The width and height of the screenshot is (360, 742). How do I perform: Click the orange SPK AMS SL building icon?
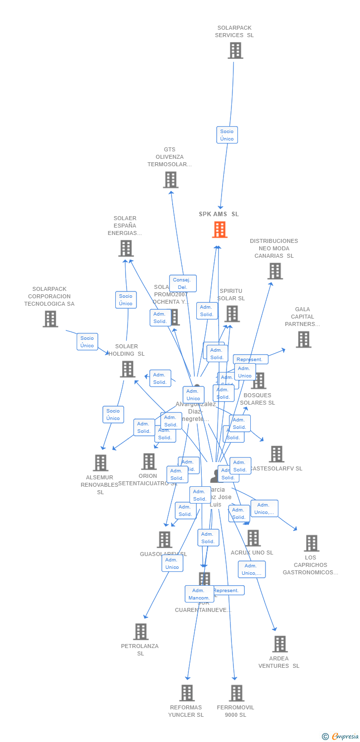coord(220,230)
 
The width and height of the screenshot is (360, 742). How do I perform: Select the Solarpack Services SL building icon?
coord(235,50)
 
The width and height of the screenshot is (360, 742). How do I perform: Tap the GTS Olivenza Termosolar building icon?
coord(171,180)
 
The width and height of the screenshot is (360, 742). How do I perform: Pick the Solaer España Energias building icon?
coord(126,248)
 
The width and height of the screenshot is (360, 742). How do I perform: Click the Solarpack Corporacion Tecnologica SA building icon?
coord(50,319)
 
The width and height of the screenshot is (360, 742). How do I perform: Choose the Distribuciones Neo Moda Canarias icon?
coord(275,271)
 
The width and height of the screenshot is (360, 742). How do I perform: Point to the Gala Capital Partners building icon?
coord(303,339)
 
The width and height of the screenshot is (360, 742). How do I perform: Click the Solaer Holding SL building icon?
coord(128,369)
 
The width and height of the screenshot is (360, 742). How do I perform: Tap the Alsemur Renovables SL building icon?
coord(100,463)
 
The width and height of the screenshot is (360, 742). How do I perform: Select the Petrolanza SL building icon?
coord(141,632)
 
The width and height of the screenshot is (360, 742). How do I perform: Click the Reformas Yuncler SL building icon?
coord(186,693)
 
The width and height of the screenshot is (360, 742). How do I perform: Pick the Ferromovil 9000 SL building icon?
coord(236,693)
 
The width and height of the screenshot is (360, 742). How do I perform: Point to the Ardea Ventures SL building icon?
coord(280,644)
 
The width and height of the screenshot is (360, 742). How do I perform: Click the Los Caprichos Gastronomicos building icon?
coord(311,543)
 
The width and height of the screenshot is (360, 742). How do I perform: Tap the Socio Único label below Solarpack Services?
coord(227,135)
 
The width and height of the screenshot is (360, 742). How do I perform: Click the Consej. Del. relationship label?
coord(182,283)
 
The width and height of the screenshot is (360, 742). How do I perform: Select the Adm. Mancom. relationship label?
coord(198,594)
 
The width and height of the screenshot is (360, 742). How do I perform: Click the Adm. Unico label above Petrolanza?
coord(172,563)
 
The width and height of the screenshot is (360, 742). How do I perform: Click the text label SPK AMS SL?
coord(219,214)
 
